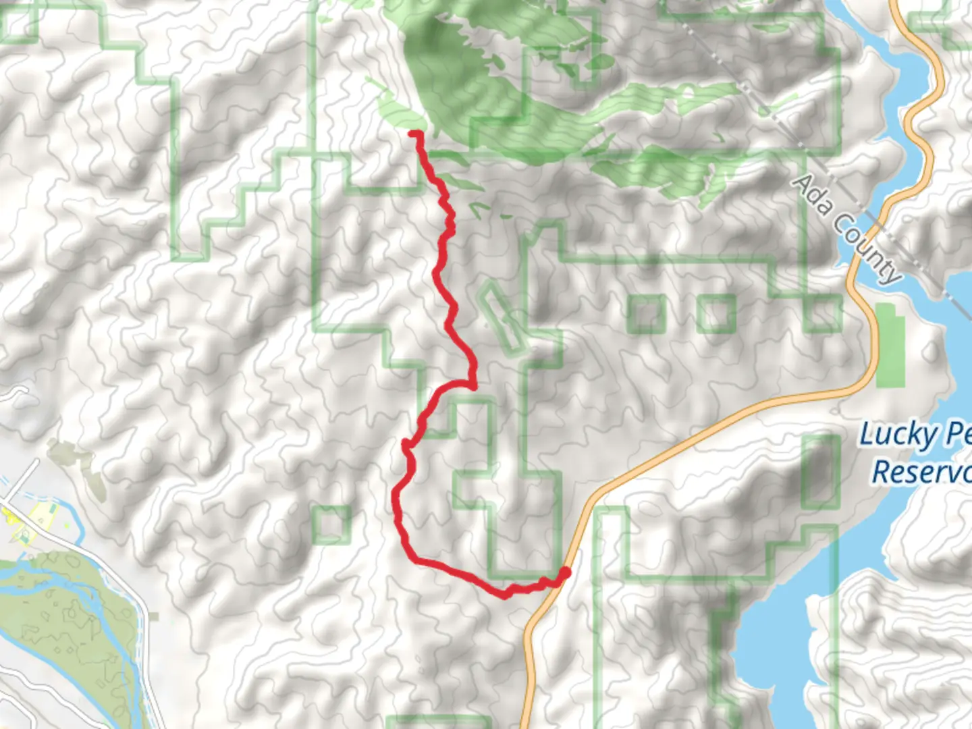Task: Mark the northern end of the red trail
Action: coord(412,134)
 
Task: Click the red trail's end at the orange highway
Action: coord(564,573)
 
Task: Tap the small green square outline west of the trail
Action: coord(331,524)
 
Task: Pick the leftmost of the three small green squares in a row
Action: coord(646,314)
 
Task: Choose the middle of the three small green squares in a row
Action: coord(716,314)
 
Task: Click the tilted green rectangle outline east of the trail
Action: coord(503,317)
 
